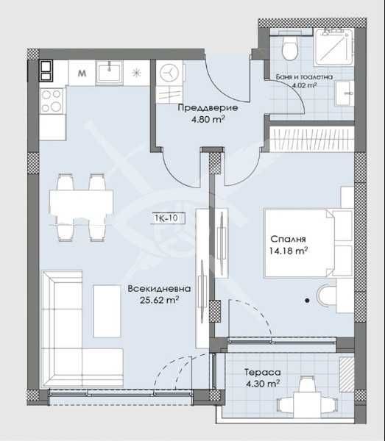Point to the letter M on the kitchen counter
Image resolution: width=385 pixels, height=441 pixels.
pyautogui.click(x=81, y=72)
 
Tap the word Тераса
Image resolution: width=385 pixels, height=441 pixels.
pyautogui.click(x=262, y=371)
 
